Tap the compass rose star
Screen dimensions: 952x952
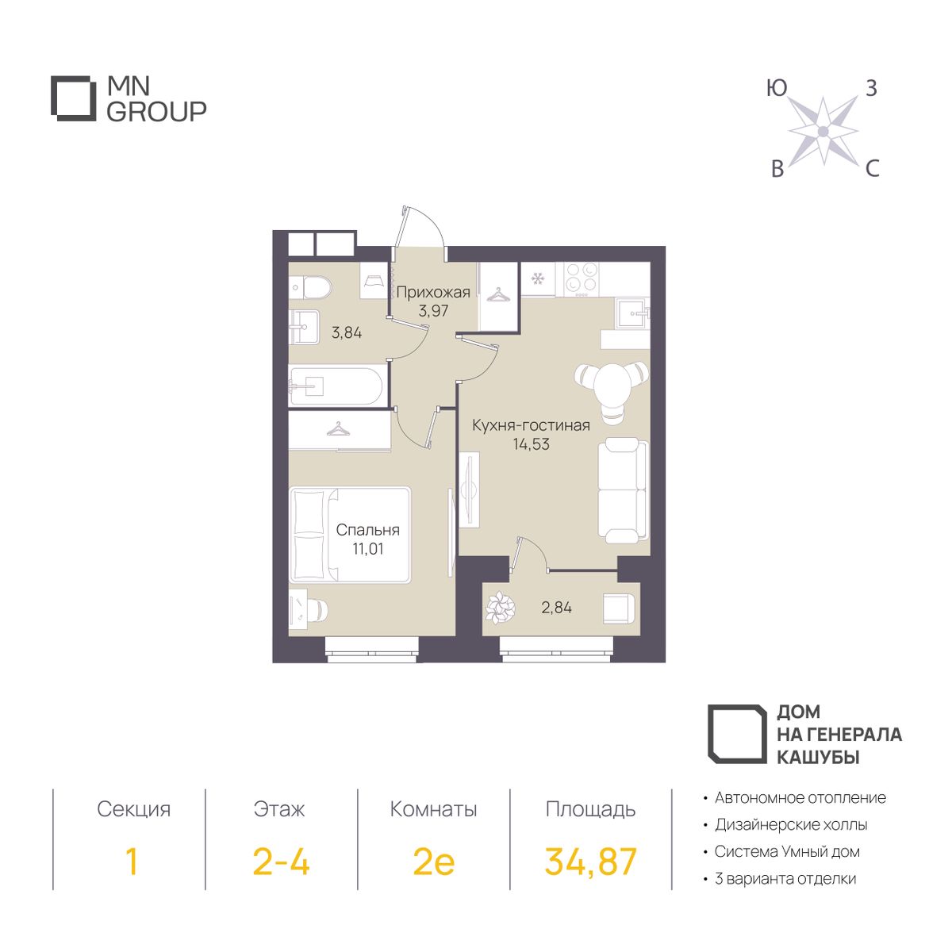pyautogui.click(x=823, y=131)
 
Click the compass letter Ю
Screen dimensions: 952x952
pyautogui.click(x=777, y=88)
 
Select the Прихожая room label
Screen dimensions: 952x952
pyautogui.click(x=433, y=293)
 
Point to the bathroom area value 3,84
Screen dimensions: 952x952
pyautogui.click(x=347, y=332)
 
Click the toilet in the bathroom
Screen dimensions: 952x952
pyautogui.click(x=312, y=287)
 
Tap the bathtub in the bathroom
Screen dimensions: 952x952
pyautogui.click(x=336, y=386)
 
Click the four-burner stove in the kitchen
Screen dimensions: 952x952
pyautogui.click(x=582, y=278)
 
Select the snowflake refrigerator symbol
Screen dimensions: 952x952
pyautogui.click(x=537, y=279)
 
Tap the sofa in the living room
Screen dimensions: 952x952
pyautogui.click(x=623, y=489)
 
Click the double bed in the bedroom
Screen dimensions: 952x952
pyautogui.click(x=350, y=534)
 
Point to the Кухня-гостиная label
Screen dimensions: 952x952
pyautogui.click(x=531, y=425)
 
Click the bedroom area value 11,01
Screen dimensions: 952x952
pyautogui.click(x=367, y=548)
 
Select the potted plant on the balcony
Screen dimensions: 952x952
pyautogui.click(x=500, y=607)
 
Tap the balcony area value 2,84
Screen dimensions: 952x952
pyautogui.click(x=556, y=607)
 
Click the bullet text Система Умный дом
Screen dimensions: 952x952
pyautogui.click(x=787, y=851)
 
